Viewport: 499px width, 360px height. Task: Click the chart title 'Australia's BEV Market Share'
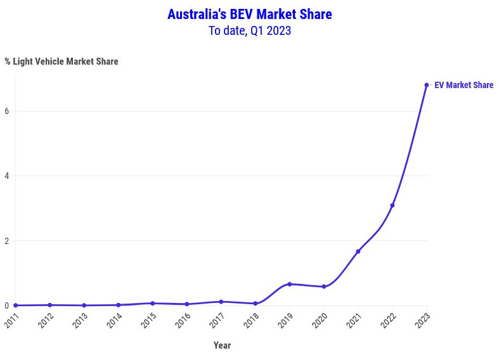tap(249, 14)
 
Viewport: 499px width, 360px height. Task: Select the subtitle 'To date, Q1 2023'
tap(249, 30)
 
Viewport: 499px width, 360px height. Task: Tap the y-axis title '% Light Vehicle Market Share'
tap(62, 61)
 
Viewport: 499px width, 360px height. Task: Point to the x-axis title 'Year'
tap(222, 345)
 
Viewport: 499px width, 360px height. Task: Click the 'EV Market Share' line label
tap(463, 85)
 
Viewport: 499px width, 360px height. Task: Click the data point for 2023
tap(427, 85)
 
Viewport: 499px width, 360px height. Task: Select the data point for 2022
tap(392, 205)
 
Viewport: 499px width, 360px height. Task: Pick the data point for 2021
tap(358, 252)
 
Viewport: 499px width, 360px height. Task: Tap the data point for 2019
tap(290, 284)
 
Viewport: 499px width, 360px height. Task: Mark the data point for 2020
tap(324, 286)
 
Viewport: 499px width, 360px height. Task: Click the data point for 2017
tap(221, 302)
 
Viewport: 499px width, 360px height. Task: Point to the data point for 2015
tap(153, 304)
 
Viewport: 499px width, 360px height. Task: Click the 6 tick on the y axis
tap(7, 111)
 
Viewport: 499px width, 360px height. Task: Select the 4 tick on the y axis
tap(7, 176)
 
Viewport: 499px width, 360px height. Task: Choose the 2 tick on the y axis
tap(7, 241)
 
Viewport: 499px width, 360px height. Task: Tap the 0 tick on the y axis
tap(7, 305)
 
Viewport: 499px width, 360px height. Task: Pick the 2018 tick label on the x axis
tap(251, 321)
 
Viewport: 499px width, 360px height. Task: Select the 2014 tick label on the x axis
tap(114, 321)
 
